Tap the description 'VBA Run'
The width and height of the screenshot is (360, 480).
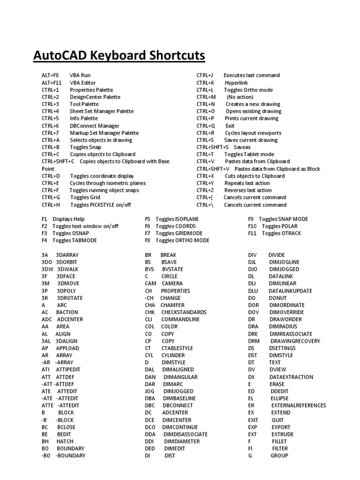point(80,75)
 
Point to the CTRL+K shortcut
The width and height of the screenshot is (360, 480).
point(205,82)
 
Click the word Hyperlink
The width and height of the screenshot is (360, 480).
point(236,82)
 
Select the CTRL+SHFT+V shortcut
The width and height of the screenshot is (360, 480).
point(213,169)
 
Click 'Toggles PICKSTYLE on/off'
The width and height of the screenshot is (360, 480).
point(101,205)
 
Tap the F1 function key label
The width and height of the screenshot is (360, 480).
point(45,219)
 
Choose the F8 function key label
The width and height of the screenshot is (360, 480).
point(148,240)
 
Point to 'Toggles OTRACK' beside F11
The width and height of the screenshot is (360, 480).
point(281,233)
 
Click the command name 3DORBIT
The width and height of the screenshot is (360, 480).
point(70,262)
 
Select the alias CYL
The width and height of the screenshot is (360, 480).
point(150,355)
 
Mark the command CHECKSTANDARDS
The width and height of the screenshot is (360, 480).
point(184,312)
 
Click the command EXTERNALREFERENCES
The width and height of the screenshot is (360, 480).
point(298,405)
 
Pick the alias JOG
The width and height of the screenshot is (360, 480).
point(150,391)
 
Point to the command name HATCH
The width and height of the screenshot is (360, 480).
point(65,442)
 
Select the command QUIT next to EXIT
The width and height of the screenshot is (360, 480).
point(277,420)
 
